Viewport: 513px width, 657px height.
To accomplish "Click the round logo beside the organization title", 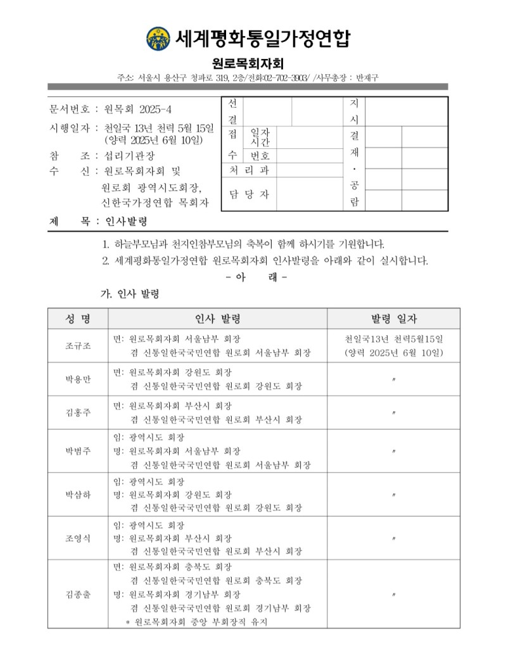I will click(x=158, y=38).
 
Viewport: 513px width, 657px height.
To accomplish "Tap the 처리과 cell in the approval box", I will click(x=248, y=170).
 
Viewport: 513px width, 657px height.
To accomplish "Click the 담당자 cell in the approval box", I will click(x=248, y=194).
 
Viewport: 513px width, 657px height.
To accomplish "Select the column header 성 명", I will click(x=78, y=319).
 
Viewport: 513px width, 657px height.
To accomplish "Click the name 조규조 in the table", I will click(x=78, y=345).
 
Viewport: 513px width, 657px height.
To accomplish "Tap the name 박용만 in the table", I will click(x=78, y=380).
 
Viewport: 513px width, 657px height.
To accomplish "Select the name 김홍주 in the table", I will click(x=78, y=412).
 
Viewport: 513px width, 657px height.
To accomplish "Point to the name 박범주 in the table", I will click(x=78, y=451).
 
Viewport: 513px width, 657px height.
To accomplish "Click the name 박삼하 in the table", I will click(x=78, y=495).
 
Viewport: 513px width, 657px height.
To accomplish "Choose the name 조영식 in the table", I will click(x=78, y=539).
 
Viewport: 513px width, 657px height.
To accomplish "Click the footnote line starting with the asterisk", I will click(x=196, y=622).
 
